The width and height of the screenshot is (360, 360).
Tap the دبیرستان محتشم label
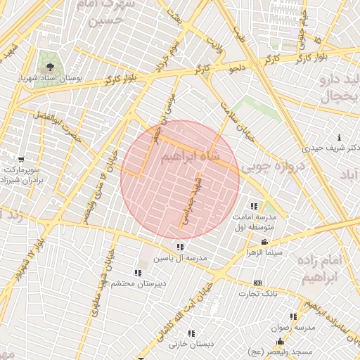[138, 283]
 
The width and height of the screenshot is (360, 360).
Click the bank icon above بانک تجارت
[258, 283]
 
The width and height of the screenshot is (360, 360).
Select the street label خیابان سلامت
[226, 114]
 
